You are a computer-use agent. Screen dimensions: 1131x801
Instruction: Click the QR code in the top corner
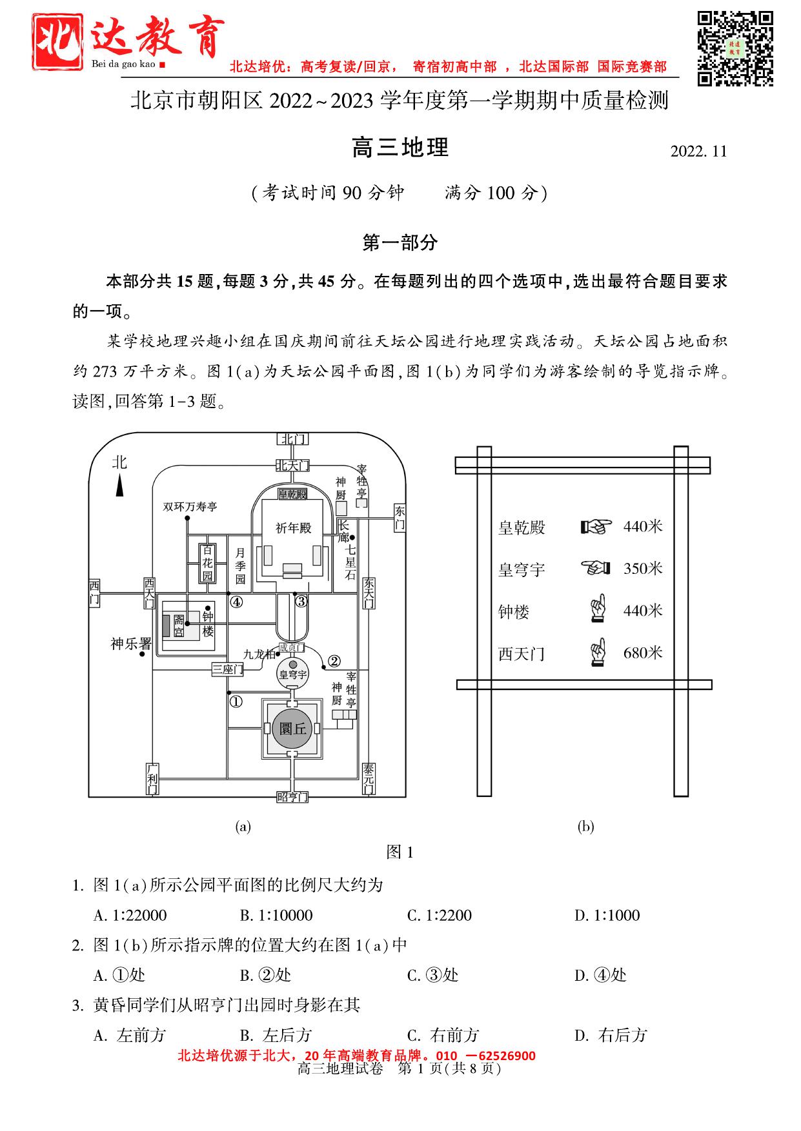(x=735, y=48)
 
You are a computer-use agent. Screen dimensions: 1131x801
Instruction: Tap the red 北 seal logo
(x=57, y=42)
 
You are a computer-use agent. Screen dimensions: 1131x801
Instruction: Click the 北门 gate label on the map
(x=292, y=439)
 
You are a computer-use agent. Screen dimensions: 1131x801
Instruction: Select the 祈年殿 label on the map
(x=293, y=528)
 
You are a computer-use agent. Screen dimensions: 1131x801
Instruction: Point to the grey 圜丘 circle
(x=292, y=729)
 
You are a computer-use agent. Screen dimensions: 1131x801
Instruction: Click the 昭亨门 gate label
(x=292, y=797)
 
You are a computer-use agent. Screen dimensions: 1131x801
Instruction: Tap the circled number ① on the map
(x=236, y=702)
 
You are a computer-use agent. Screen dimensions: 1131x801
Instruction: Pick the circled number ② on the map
(x=334, y=660)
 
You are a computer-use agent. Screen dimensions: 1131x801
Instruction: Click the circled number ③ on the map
(x=301, y=602)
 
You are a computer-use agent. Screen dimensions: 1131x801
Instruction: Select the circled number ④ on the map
(x=237, y=602)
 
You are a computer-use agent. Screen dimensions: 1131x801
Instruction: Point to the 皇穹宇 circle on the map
(x=292, y=674)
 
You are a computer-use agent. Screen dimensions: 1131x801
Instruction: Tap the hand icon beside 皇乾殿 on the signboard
(x=596, y=527)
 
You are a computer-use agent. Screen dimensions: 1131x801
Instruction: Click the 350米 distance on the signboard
(x=643, y=569)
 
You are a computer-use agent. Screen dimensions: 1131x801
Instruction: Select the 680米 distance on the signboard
(x=643, y=653)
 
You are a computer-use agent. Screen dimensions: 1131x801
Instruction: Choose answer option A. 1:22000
(x=130, y=915)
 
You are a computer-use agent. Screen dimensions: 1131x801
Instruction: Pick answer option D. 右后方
(x=610, y=1035)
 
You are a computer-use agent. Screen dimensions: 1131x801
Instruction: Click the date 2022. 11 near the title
(x=698, y=152)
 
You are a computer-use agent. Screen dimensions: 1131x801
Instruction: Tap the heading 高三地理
(x=400, y=148)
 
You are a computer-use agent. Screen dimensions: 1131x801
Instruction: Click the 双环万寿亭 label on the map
(x=190, y=507)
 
